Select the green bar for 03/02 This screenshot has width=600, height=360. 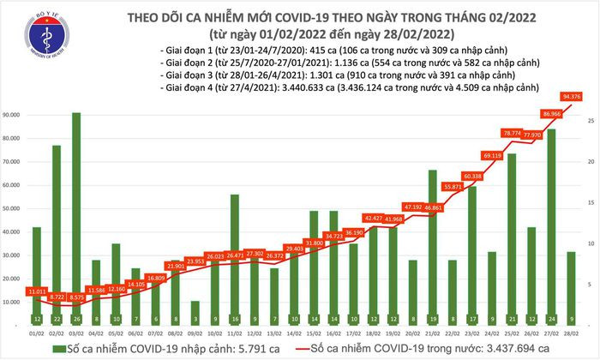click(77, 214)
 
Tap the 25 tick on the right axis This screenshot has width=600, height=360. click(590, 122)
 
